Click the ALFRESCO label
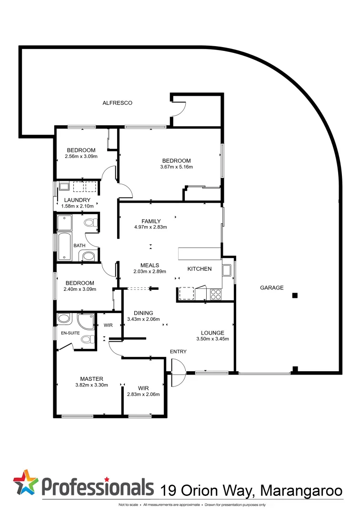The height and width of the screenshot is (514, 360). pyautogui.click(x=117, y=103)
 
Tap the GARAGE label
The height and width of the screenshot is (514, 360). pyautogui.click(x=271, y=287)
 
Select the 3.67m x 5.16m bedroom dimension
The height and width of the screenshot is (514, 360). pyautogui.click(x=176, y=167)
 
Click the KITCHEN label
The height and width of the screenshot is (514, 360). pyautogui.click(x=200, y=269)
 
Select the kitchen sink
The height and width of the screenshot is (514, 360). pyautogui.click(x=227, y=270)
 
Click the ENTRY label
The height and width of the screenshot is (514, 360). pyautogui.click(x=179, y=352)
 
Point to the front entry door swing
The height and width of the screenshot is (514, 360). pyautogui.click(x=177, y=373)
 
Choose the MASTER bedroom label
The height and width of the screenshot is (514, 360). pyautogui.click(x=91, y=379)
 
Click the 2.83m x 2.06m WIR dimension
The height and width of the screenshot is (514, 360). pyautogui.click(x=143, y=394)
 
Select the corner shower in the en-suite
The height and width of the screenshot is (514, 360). pyautogui.click(x=86, y=322)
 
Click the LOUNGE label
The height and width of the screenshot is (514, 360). pyautogui.click(x=212, y=333)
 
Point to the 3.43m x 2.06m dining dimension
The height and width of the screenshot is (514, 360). pyautogui.click(x=143, y=319)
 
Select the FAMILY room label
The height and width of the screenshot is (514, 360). pyautogui.click(x=151, y=221)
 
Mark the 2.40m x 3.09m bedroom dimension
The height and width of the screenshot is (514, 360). pyautogui.click(x=80, y=289)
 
